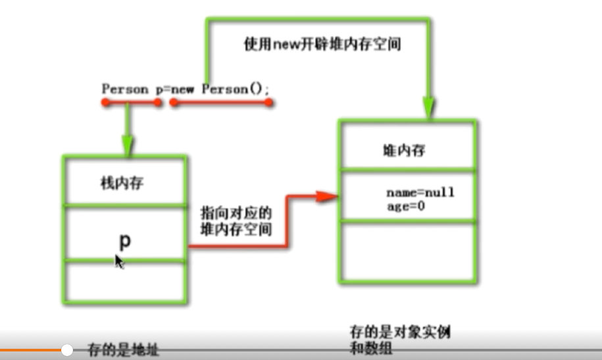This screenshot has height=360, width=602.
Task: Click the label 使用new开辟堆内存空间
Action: (322, 45)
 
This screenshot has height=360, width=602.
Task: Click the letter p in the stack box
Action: (124, 241)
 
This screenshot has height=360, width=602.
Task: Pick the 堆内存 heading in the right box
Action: (403, 150)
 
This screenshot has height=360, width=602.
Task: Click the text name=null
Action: (420, 193)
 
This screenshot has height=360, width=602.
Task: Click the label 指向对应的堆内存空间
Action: (235, 222)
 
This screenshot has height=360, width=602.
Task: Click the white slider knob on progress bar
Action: (67, 350)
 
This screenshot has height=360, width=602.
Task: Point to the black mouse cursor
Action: (118, 261)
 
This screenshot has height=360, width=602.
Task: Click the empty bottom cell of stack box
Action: (124, 282)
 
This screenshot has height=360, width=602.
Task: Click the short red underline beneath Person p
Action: (130, 103)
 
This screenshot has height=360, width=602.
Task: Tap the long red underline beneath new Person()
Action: (220, 103)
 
